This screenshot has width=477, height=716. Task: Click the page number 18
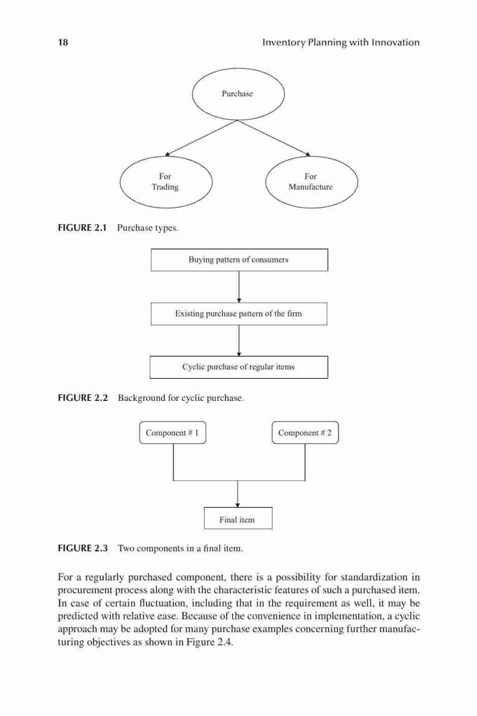click(x=63, y=42)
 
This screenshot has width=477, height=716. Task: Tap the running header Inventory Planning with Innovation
click(x=341, y=42)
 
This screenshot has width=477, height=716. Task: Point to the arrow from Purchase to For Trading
click(x=201, y=138)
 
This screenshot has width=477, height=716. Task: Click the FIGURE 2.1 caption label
click(x=82, y=228)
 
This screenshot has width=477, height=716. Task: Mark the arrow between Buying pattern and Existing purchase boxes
click(x=239, y=287)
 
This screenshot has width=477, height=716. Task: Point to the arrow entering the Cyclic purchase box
click(x=239, y=341)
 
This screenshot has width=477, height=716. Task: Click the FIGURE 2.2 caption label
click(x=82, y=397)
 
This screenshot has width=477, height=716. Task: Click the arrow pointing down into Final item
click(x=238, y=494)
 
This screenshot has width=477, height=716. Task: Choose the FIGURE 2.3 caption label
click(x=82, y=548)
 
